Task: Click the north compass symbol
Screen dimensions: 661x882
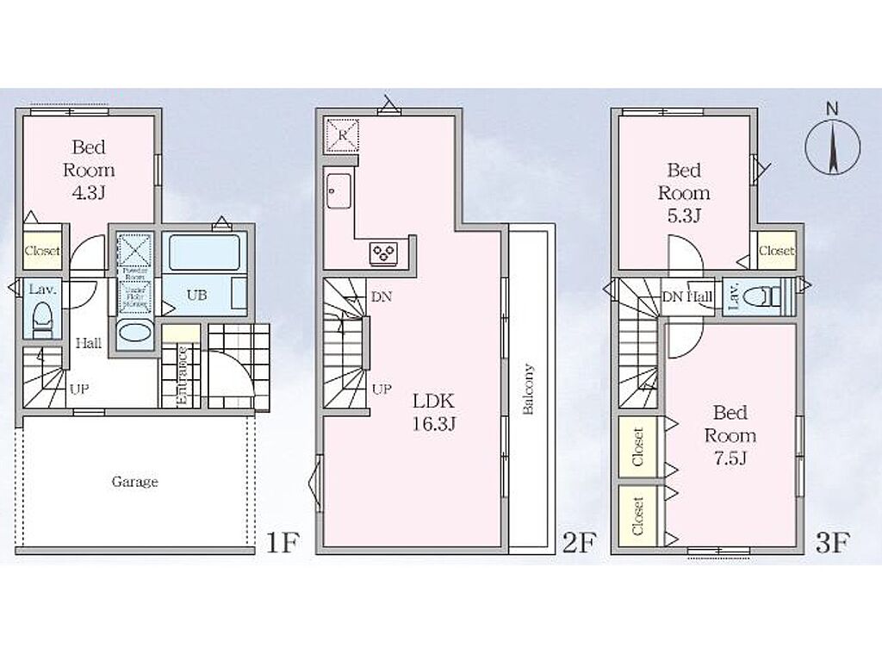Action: click(832, 147)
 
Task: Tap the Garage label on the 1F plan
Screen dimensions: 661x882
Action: click(135, 482)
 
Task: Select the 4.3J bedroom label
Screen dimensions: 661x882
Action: click(88, 169)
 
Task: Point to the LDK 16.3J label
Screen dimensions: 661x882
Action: click(433, 412)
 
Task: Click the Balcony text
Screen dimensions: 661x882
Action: click(528, 391)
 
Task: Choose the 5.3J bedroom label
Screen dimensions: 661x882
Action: click(684, 192)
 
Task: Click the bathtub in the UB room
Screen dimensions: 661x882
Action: click(204, 253)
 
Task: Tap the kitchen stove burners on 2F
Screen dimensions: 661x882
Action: click(383, 252)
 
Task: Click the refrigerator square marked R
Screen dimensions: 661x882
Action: click(342, 134)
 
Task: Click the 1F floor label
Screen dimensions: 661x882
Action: click(283, 543)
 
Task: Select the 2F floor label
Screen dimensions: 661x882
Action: click(579, 543)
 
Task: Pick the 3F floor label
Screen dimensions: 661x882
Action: click(833, 543)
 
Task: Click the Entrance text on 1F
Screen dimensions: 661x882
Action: click(182, 376)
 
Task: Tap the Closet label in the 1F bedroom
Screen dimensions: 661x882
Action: click(42, 251)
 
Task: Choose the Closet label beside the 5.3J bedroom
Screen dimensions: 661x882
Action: click(776, 251)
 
